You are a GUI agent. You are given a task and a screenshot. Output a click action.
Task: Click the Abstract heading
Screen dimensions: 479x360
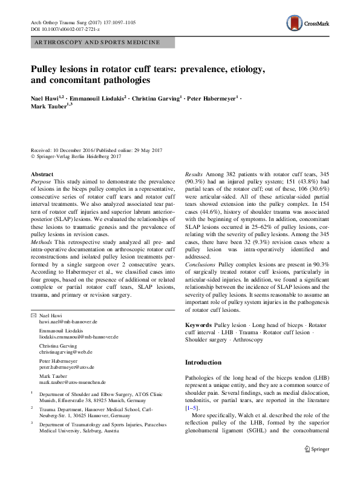[42, 174]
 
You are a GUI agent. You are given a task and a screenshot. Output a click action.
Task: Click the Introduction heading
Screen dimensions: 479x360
[203, 362]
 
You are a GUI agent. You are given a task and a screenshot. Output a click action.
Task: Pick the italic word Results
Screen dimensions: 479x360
[194, 174]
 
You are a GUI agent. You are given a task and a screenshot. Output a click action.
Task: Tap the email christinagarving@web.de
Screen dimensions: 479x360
[65, 351]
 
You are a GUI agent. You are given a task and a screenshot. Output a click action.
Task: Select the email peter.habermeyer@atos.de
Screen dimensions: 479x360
[69, 367]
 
